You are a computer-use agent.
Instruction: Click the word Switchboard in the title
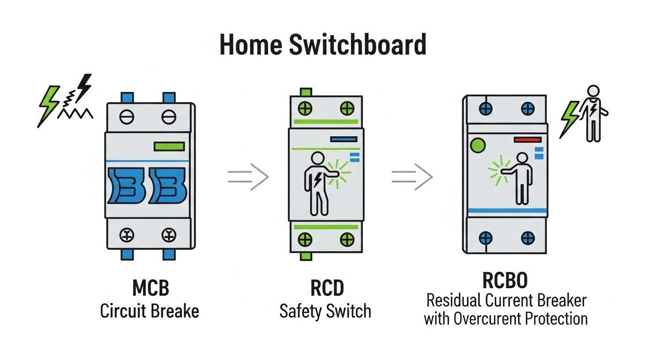pos(357,45)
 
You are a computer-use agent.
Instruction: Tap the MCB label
pos(150,288)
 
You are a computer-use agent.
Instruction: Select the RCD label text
pos(327,288)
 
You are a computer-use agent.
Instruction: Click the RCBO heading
pos(505,280)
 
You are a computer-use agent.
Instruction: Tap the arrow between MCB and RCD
pos(248,177)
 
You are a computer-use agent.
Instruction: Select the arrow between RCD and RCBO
pos(412,177)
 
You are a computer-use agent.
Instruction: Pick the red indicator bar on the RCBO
pos(528,140)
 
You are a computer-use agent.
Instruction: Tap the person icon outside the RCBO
pos(593,112)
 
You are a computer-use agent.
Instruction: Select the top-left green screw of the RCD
pos(305,109)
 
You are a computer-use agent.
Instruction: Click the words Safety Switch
pos(325,311)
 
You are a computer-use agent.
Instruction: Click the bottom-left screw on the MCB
pos(127,235)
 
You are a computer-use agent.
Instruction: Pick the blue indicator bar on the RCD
pos(344,139)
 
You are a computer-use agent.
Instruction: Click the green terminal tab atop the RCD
pos(306,91)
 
